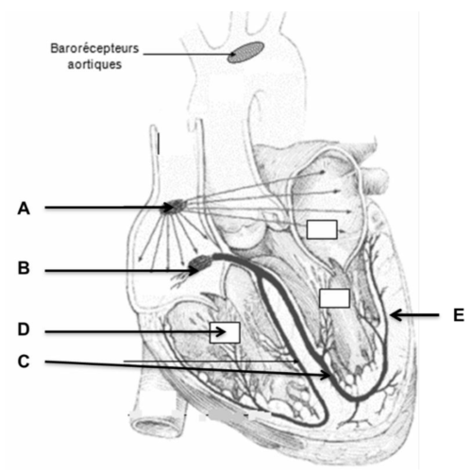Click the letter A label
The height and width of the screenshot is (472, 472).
(x=24, y=209)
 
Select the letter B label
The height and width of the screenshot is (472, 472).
(x=24, y=268)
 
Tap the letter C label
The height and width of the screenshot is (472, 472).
(x=24, y=362)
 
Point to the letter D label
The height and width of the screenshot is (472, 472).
(x=24, y=329)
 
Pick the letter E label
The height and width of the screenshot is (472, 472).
(x=459, y=315)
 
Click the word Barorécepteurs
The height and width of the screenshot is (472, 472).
(x=94, y=48)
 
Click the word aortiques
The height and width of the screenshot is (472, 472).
(x=94, y=64)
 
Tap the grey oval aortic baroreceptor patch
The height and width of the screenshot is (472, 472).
(x=245, y=53)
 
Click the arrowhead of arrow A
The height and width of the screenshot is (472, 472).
(x=168, y=208)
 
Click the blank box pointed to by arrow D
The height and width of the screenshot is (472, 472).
(x=225, y=332)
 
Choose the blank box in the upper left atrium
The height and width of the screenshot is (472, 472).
(x=322, y=229)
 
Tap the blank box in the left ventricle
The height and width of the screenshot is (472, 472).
(x=334, y=298)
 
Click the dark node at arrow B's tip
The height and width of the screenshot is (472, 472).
(x=201, y=262)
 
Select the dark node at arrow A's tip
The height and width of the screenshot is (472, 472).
(x=174, y=207)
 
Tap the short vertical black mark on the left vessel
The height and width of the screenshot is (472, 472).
(x=159, y=143)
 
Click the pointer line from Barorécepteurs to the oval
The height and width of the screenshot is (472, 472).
(x=188, y=54)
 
